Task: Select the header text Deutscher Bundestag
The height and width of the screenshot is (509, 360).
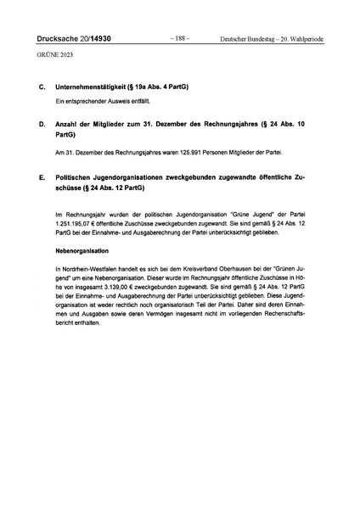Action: pyautogui.click(x=250, y=39)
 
